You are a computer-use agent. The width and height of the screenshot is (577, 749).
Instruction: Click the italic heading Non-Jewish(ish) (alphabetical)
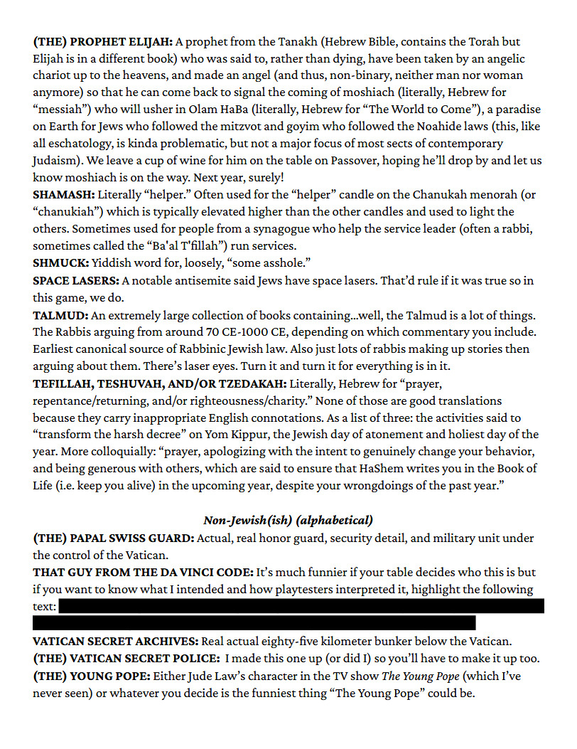[288, 521]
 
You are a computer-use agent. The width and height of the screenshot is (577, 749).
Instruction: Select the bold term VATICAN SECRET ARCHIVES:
[115, 641]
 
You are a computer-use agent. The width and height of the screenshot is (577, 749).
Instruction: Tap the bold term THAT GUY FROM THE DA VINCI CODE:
[140, 572]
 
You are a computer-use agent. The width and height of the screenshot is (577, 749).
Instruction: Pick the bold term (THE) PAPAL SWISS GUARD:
[114, 538]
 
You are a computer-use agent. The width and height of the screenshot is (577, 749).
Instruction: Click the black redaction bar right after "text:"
[301, 606]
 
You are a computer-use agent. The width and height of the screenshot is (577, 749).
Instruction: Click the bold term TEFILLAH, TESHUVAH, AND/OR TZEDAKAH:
[161, 383]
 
